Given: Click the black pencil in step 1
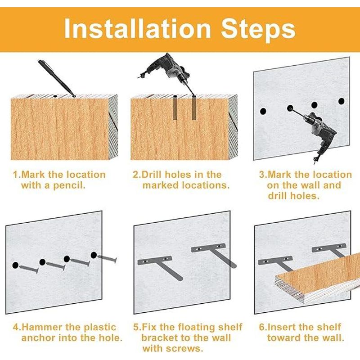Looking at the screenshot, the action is pyautogui.click(x=57, y=78).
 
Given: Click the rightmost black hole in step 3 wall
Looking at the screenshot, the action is pyautogui.click(x=342, y=101).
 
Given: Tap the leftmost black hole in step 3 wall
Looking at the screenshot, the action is pyautogui.click(x=263, y=111).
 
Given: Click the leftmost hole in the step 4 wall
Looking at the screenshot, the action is pyautogui.click(x=15, y=265).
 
